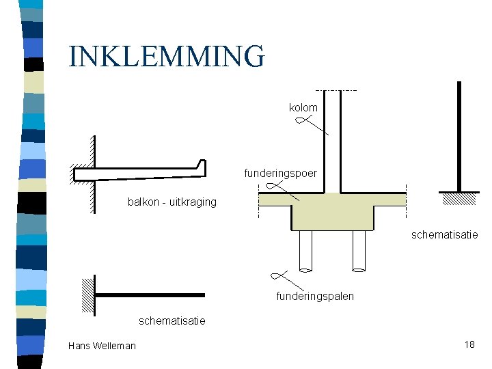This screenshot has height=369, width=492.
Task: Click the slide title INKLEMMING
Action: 166,56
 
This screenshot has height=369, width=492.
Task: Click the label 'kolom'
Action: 303,108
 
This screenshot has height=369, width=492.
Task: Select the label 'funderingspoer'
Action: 280,174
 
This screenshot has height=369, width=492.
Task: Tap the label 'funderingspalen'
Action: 315,297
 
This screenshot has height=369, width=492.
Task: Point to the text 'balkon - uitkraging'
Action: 172,202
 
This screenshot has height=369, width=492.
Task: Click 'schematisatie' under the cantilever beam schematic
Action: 172,320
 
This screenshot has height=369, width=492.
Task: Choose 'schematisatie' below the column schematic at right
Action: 444,235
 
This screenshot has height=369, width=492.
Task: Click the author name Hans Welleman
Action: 102,346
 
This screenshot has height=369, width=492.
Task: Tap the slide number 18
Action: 469,344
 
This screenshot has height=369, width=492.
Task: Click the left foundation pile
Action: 305,250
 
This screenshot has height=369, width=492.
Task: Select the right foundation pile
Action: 359,250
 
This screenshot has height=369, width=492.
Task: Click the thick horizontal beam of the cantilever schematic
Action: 150,295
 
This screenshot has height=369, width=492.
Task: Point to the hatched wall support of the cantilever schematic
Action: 87,295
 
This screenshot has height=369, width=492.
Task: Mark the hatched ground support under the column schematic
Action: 459,198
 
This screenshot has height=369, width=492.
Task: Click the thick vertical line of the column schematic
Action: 459,137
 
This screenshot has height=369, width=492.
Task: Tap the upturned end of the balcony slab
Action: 201,166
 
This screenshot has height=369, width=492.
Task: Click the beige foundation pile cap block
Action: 332,212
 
